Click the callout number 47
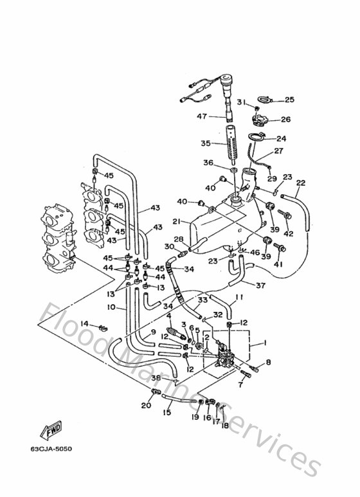tap(201, 117)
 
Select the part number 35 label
tap(206, 143)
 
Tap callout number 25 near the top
tap(289, 100)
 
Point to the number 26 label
tap(285, 120)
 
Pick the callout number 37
tap(261, 285)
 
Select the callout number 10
tap(111, 307)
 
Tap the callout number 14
tap(85, 325)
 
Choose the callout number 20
tap(146, 406)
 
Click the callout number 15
tap(166, 412)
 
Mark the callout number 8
tap(268, 362)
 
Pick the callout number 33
tap(202, 300)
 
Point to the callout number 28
tap(178, 239)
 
